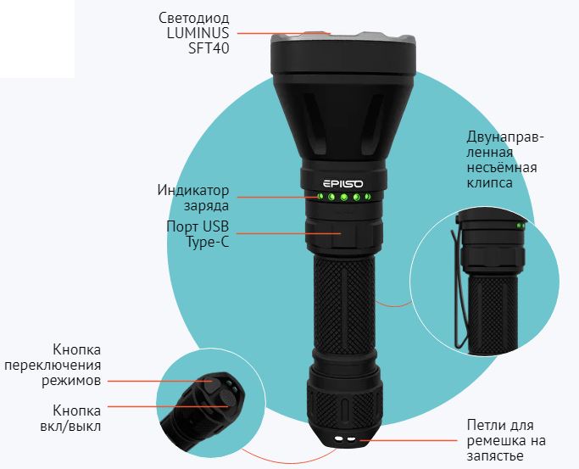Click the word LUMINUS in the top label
pyautogui.click(x=198, y=33)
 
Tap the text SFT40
pyautogui.click(x=209, y=48)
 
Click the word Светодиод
pyautogui.click(x=194, y=18)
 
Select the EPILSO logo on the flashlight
pyautogui.click(x=343, y=183)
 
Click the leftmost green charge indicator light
pyautogui.click(x=320, y=197)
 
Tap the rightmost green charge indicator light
pyautogui.click(x=367, y=197)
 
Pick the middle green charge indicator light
pyautogui.click(x=344, y=198)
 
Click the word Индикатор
pyautogui.click(x=193, y=191)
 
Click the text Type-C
pyautogui.click(x=208, y=243)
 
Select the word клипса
pyautogui.click(x=490, y=183)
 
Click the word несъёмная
pyautogui.click(x=502, y=168)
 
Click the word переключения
pyautogui.click(x=53, y=366)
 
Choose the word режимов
pyautogui.click(x=71, y=381)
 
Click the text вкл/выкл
pyautogui.click(x=70, y=427)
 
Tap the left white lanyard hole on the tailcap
pyautogui.click(x=338, y=438)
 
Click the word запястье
pyautogui.click(x=495, y=456)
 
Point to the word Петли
pyautogui.click(x=485, y=426)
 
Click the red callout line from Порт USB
pyautogui.click(x=288, y=233)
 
